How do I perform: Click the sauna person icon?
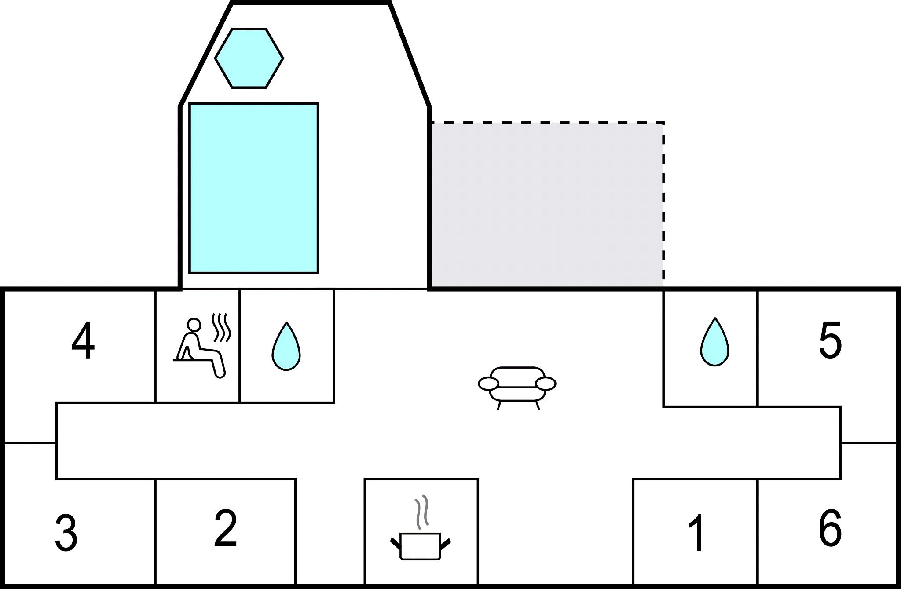pos(202,346)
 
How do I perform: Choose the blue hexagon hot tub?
pos(249,58)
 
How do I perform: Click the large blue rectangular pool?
pos(253,188)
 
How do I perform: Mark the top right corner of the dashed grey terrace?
pos(663,123)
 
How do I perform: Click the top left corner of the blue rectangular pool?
pos(189,104)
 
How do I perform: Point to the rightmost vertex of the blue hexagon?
pos(283,58)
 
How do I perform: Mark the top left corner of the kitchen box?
pos(365,479)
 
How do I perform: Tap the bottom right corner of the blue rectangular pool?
pos(318,273)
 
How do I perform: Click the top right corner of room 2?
pos(296,479)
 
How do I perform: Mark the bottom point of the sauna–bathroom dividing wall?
pos(240,402)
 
